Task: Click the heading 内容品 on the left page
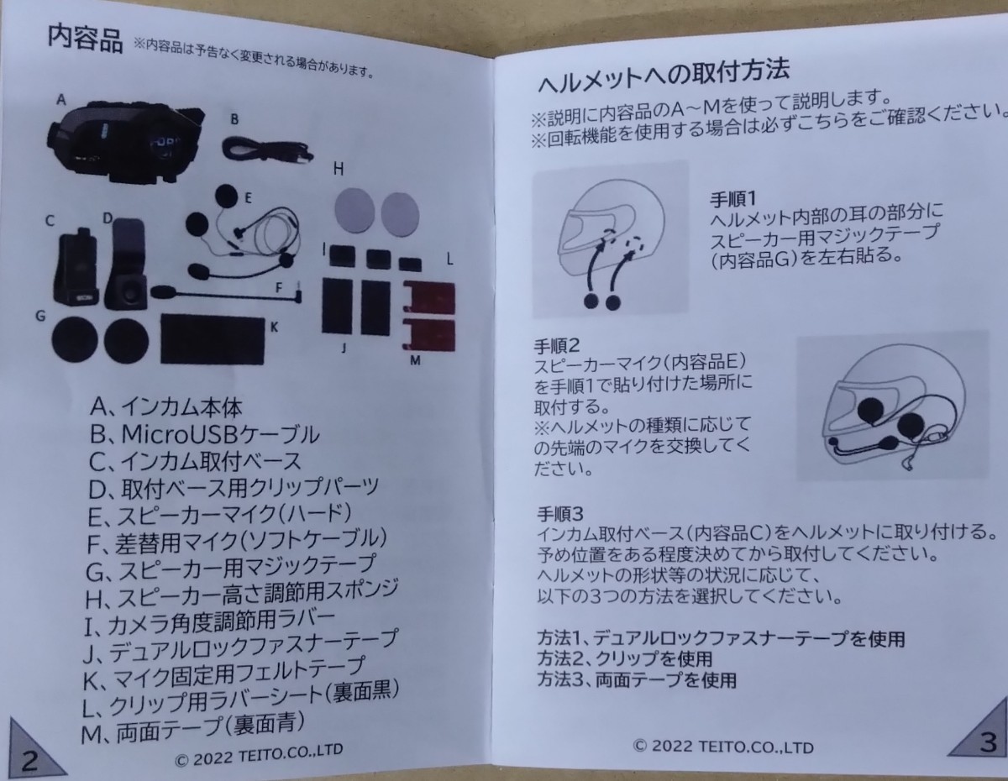[85, 39]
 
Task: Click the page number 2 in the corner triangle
[29, 759]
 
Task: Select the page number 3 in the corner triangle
[987, 742]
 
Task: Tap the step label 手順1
[734, 199]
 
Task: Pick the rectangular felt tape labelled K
[211, 337]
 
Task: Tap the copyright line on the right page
[722, 745]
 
